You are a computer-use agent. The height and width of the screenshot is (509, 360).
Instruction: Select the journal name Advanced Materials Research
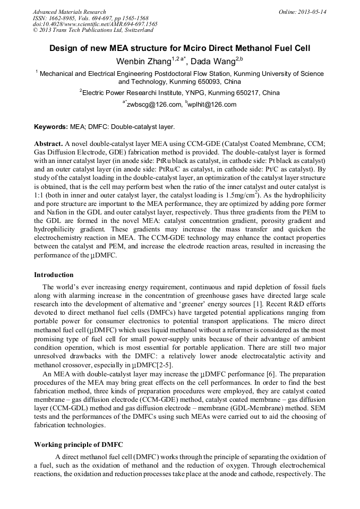tap(69, 12)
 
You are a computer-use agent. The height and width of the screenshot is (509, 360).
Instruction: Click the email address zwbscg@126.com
tap(154, 105)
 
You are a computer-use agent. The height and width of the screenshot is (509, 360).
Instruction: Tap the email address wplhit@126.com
tap(212, 105)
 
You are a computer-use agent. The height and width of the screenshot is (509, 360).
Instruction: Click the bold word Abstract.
tap(48, 144)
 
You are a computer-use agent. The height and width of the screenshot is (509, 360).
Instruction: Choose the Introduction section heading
tap(54, 275)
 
